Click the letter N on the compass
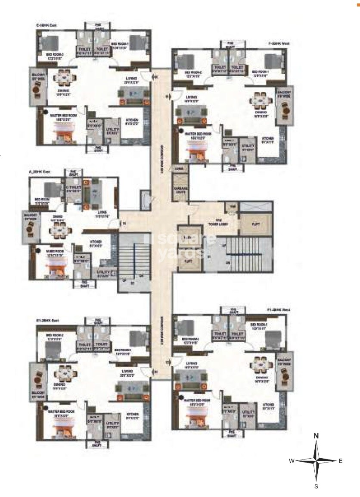[x=316, y=435]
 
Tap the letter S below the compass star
[x=316, y=487]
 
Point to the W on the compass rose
[x=292, y=461]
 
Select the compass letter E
[x=340, y=461]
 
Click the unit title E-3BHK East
[x=47, y=25]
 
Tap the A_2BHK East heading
[x=40, y=172]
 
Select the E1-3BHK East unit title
[x=47, y=321]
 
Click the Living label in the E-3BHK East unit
[x=131, y=79]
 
